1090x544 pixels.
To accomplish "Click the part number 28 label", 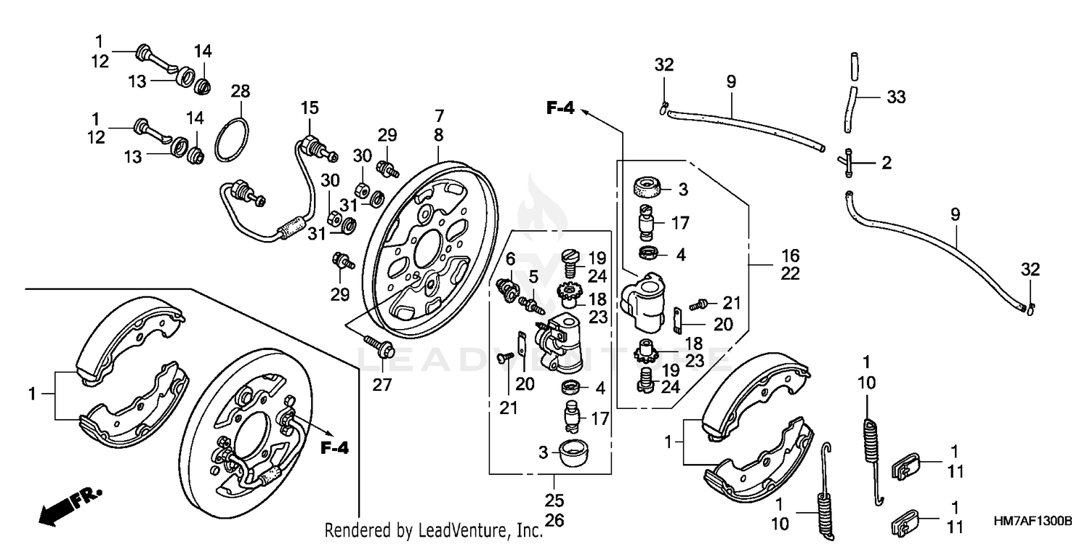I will click(241, 92).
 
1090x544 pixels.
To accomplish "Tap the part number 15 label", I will click(310, 108).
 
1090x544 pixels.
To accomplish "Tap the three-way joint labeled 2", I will click(852, 161).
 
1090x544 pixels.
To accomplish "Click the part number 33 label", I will click(897, 97).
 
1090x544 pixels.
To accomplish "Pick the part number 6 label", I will click(510, 258).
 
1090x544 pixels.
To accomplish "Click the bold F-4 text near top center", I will click(560, 109).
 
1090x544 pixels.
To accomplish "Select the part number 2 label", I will click(886, 163).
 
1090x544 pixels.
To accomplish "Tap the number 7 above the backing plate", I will click(438, 115).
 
